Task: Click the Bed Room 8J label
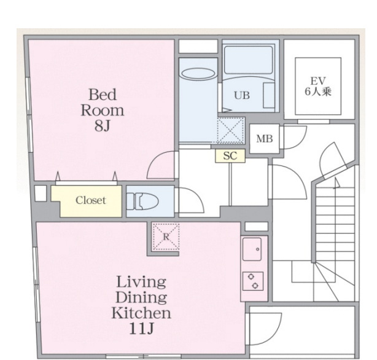(x=103, y=110)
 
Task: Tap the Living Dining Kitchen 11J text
(x=141, y=305)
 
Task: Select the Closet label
(x=91, y=200)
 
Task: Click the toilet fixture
(x=142, y=201)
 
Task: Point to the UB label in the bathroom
(x=242, y=96)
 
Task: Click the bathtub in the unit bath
(x=249, y=60)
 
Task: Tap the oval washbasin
(x=198, y=74)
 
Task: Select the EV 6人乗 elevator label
(x=318, y=87)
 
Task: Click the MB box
(x=264, y=139)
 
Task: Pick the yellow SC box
(x=230, y=155)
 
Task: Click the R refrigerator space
(x=166, y=237)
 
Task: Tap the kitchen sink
(x=252, y=249)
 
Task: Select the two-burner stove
(x=253, y=281)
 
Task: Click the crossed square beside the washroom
(x=230, y=131)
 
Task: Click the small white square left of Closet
(x=41, y=194)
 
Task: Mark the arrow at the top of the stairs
(x=336, y=183)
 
